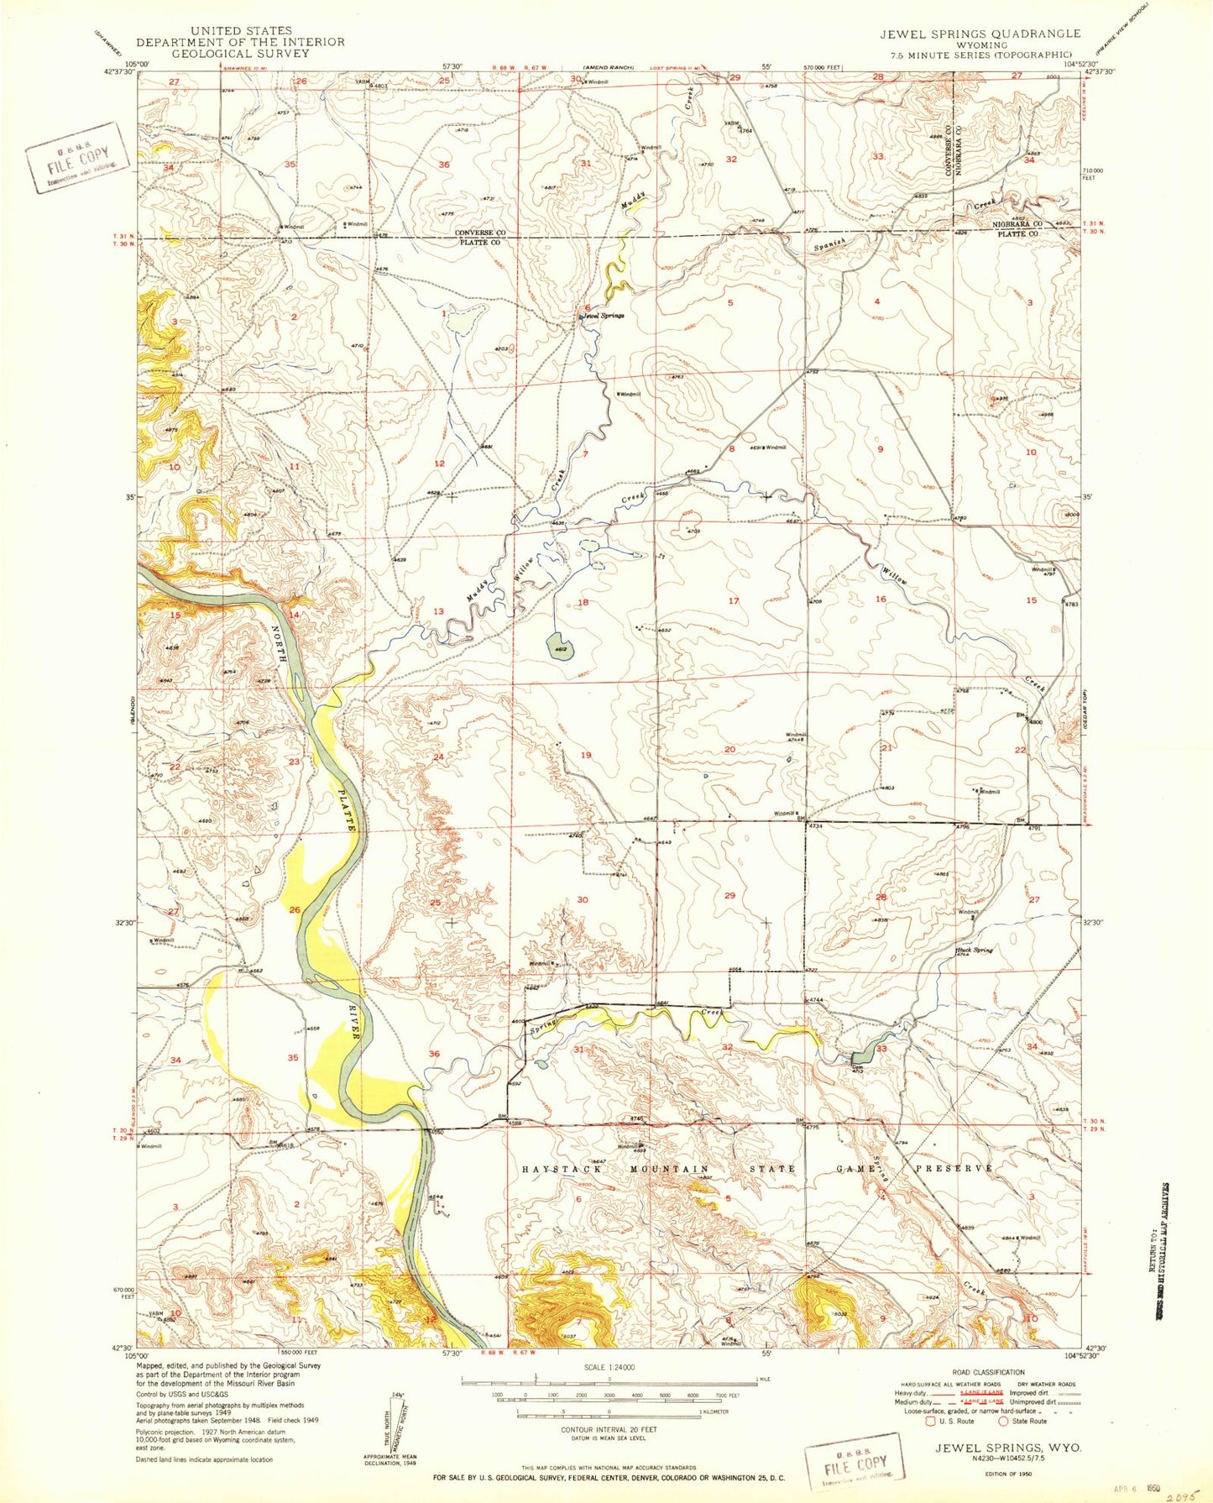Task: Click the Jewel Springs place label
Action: coord(604,315)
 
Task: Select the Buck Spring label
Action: coord(975,951)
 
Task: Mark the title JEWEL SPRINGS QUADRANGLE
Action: coord(980,34)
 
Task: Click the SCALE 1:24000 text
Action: coord(608,1367)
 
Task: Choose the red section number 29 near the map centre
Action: coord(729,896)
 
